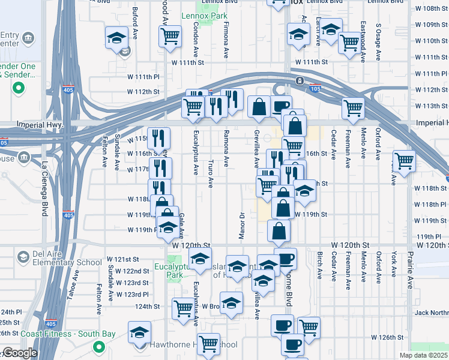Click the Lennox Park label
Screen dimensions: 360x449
click(x=205, y=16)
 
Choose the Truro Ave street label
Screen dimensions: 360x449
click(x=211, y=173)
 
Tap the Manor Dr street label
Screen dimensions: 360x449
click(x=241, y=225)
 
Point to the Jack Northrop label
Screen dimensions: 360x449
click(x=431, y=313)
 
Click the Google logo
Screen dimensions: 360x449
click(x=19, y=353)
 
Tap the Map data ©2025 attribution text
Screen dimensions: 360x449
click(x=423, y=355)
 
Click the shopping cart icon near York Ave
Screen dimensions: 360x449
click(x=405, y=160)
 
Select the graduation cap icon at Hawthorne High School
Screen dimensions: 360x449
click(x=139, y=332)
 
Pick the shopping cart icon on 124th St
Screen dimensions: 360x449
click(x=183, y=308)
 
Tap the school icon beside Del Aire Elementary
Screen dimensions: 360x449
click(x=23, y=257)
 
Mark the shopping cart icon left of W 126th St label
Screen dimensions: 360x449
click(x=309, y=327)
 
